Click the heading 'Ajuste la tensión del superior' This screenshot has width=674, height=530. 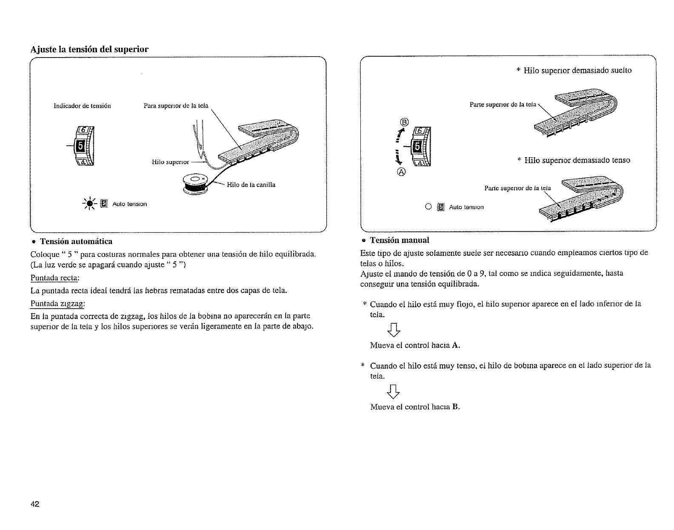(x=89, y=49)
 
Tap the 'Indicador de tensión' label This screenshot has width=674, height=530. (x=82, y=106)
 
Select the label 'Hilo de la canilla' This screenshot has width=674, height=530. (x=251, y=185)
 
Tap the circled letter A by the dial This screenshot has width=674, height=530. (x=402, y=172)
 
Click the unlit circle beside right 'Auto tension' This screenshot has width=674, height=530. (x=428, y=207)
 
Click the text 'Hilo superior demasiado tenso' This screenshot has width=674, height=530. (x=577, y=160)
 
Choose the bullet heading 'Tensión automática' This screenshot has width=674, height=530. (x=76, y=242)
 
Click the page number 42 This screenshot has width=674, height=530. (x=35, y=504)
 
